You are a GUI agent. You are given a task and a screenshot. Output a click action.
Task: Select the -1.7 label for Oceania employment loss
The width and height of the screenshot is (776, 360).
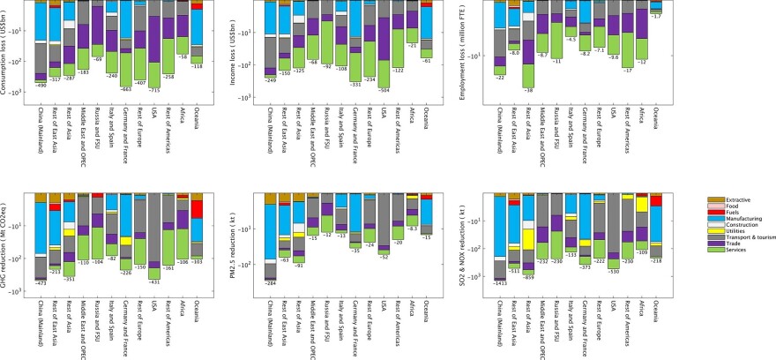point(655,16)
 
